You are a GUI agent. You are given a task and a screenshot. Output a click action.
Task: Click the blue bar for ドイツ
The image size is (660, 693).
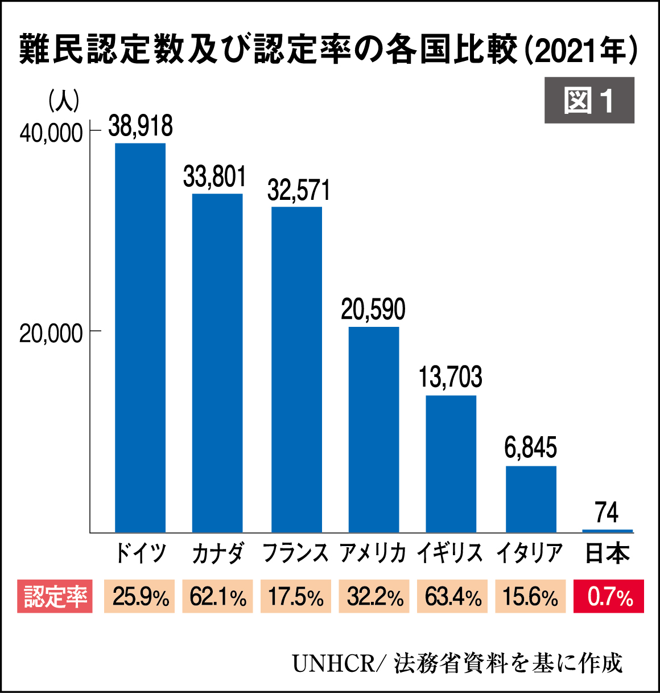(x=140, y=337)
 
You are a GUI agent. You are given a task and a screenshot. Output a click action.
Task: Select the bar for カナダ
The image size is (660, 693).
(x=217, y=363)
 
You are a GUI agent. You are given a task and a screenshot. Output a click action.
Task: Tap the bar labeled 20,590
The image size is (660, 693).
(x=374, y=429)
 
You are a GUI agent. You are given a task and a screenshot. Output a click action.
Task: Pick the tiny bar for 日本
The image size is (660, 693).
(x=608, y=531)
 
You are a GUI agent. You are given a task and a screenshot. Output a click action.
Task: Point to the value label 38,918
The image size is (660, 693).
(x=141, y=126)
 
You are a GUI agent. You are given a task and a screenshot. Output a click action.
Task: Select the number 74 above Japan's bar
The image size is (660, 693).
(x=607, y=512)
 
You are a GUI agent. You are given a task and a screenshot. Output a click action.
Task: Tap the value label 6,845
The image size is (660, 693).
(x=530, y=448)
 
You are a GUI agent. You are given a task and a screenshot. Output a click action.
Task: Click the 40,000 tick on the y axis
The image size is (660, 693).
(x=51, y=133)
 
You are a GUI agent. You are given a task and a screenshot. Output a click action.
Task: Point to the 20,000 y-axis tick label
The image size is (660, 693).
(x=51, y=333)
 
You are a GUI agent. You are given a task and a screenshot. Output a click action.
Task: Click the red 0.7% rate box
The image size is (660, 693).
(x=609, y=597)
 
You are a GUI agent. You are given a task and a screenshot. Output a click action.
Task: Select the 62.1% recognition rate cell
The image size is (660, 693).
(x=218, y=597)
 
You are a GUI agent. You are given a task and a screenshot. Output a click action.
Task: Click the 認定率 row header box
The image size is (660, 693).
(x=55, y=597)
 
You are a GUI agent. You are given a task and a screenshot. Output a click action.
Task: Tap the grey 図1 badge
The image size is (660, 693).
(x=589, y=100)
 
